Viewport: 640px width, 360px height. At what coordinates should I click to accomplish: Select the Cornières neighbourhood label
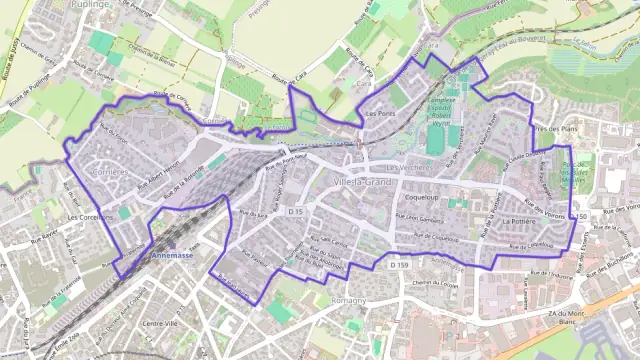(x=110, y=172)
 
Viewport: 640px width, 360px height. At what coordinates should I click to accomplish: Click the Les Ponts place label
(x=381, y=114)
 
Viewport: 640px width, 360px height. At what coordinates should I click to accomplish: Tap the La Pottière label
(x=520, y=220)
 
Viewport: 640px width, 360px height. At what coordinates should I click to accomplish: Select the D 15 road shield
(x=295, y=213)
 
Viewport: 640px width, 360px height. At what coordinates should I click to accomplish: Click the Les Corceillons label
(x=90, y=216)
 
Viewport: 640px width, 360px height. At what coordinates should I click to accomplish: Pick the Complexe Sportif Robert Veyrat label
(x=441, y=108)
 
